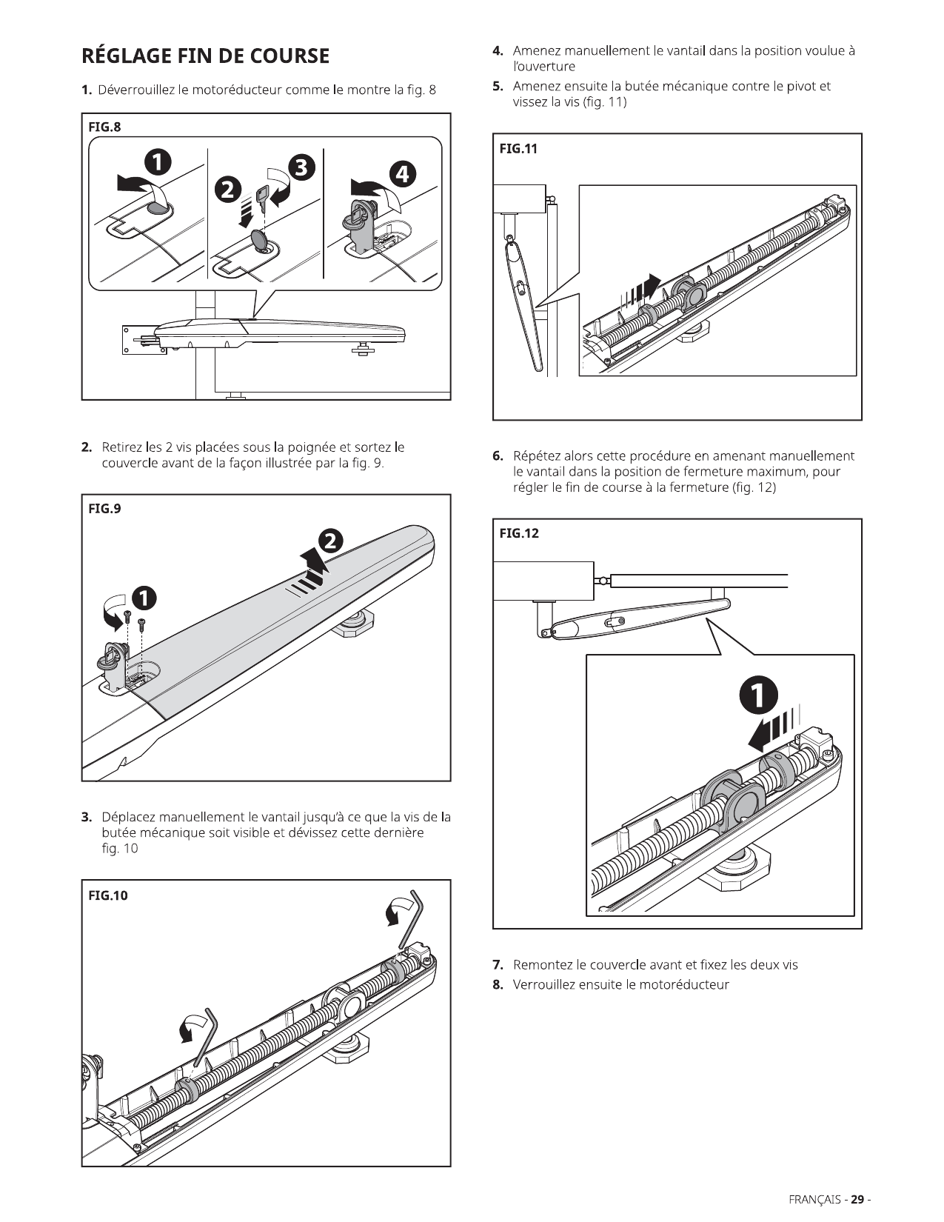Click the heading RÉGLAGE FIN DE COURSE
(x=205, y=56)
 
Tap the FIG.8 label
(x=104, y=127)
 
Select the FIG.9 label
(x=104, y=508)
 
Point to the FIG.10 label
(x=108, y=895)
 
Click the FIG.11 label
(x=518, y=148)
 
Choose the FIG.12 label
(x=519, y=533)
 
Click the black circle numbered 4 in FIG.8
(x=403, y=174)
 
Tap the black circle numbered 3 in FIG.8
(x=302, y=167)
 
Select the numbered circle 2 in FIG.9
(x=331, y=541)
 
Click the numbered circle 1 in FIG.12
(x=758, y=696)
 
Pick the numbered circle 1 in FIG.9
(x=144, y=598)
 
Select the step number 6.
(x=498, y=456)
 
